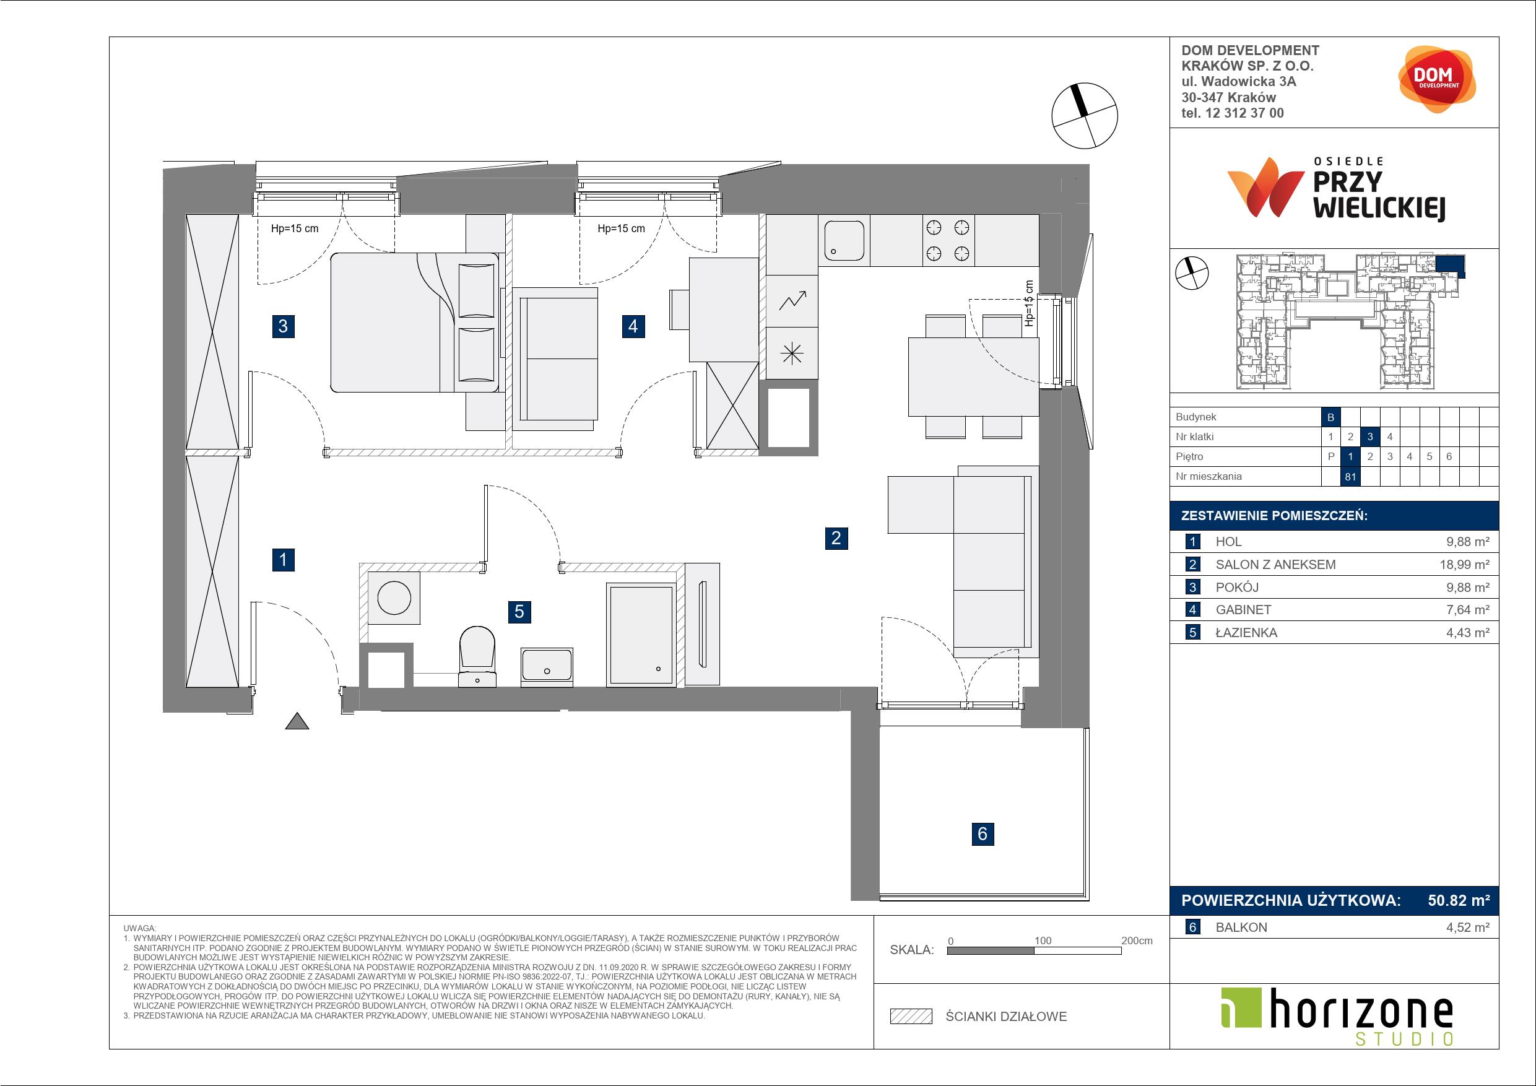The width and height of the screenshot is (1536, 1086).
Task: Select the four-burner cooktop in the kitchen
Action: [947, 240]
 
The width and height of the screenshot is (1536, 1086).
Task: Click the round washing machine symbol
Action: [394, 597]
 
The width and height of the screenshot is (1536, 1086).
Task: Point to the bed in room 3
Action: [415, 322]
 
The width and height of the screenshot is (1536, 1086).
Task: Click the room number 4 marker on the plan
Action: [633, 326]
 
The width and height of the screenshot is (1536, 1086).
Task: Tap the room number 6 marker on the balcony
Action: [982, 834]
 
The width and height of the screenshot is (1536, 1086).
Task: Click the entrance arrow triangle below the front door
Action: [297, 721]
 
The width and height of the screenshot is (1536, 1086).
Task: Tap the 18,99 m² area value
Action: [1464, 565]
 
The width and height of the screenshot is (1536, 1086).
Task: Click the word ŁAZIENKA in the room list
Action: [1246, 633]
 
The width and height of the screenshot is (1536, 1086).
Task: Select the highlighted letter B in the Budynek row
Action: [1330, 417]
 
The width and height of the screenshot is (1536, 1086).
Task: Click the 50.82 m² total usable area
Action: [1459, 901]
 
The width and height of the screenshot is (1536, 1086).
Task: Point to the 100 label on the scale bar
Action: [1043, 940]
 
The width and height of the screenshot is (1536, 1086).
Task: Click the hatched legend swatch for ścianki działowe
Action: [911, 1017]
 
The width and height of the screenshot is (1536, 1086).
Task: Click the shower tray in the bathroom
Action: [640, 635]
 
